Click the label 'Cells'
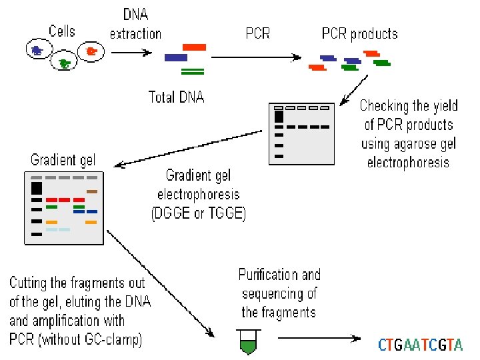coord(62,31)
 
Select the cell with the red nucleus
coord(90,51)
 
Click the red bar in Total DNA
coord(194,47)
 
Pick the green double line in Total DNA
coord(193,71)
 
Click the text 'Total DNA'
coord(176,97)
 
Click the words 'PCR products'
coord(359,33)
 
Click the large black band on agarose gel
coord(279,116)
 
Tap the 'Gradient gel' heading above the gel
coord(63,160)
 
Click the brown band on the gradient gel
coord(92,191)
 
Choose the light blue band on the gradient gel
coord(57,229)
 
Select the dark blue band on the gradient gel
coord(91,212)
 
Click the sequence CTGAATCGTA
coord(419,345)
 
